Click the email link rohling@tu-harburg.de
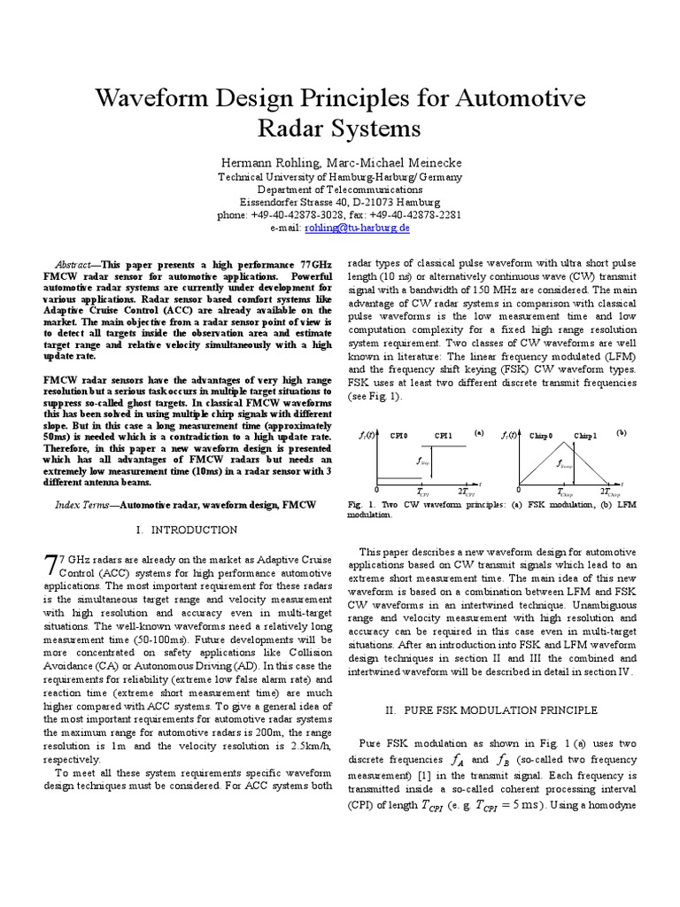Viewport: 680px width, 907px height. click(x=357, y=228)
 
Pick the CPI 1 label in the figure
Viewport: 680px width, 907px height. click(x=443, y=436)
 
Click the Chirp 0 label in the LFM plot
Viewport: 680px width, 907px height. click(x=540, y=436)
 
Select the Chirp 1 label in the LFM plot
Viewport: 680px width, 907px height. click(x=585, y=436)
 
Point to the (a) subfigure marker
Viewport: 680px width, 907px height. click(x=478, y=432)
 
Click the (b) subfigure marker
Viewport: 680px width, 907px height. click(x=621, y=432)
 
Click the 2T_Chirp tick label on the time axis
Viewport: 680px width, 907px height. click(x=611, y=491)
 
